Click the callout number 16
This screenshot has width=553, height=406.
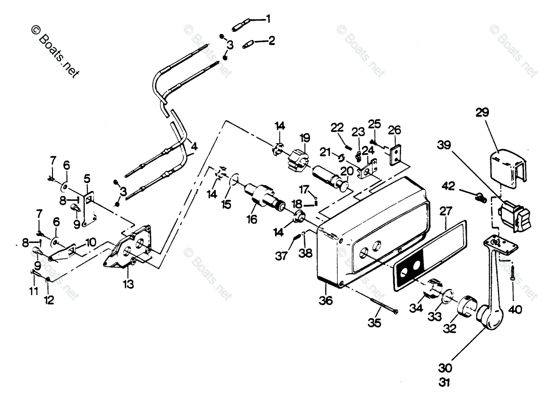coord(251,219)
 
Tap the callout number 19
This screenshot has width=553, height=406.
coord(305,138)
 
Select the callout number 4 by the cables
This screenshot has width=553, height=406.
coord(194,147)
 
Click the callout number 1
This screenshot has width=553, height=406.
coord(268,19)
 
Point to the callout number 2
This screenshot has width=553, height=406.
coord(271,41)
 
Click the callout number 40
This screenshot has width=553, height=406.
coord(516,310)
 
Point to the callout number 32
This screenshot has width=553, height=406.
coord(450,329)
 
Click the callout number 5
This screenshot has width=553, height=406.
coord(87,178)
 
